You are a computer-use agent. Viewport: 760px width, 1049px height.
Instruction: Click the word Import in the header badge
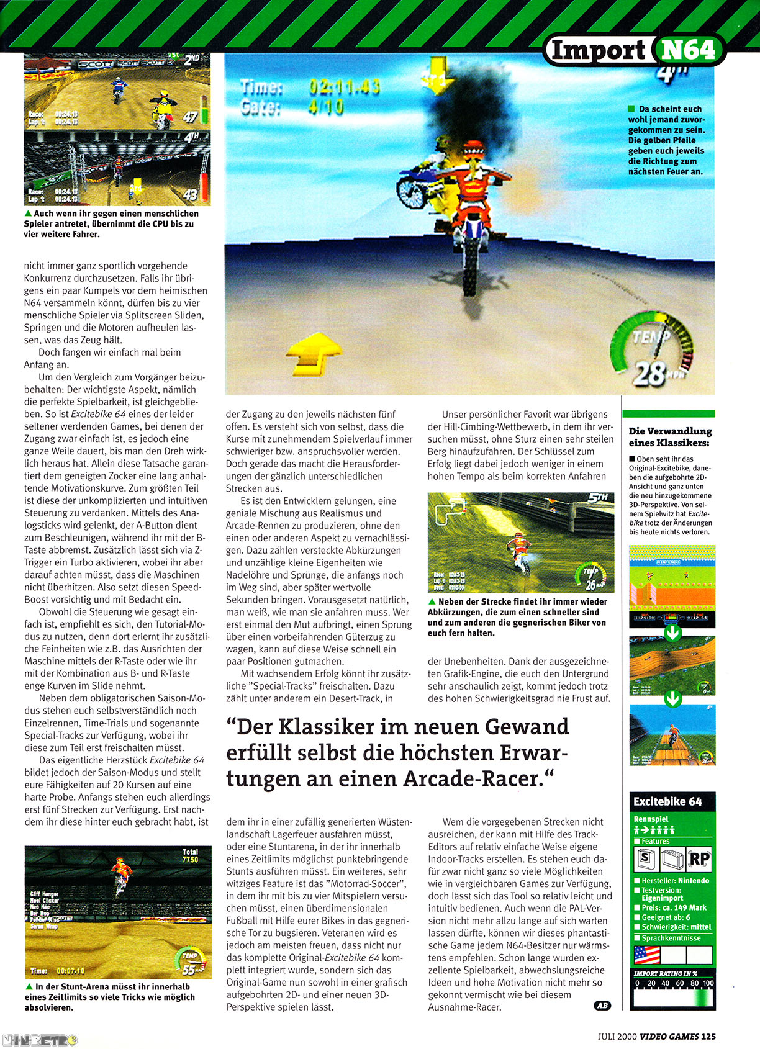tap(598, 50)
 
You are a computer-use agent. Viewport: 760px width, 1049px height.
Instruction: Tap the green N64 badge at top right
tap(688, 49)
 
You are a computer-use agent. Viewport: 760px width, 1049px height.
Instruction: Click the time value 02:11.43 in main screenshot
tap(345, 87)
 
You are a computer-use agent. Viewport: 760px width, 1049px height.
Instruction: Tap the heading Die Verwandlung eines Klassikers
tap(670, 437)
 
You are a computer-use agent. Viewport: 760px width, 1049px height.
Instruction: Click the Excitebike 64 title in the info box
tap(667, 801)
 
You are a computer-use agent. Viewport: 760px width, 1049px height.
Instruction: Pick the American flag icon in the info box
tap(646, 955)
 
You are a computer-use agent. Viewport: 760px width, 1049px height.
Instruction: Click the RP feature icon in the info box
tap(699, 859)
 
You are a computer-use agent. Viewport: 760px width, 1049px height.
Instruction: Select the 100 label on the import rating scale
tap(708, 983)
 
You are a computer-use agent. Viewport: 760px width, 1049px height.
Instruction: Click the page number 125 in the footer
tap(708, 1036)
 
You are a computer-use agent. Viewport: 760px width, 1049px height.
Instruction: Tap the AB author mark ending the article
tap(602, 1006)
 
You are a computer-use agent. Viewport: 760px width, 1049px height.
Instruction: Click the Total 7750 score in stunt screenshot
tap(190, 856)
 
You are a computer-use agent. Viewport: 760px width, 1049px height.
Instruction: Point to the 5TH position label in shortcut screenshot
tap(598, 498)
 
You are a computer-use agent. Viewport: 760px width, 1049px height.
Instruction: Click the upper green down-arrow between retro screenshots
tap(672, 633)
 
